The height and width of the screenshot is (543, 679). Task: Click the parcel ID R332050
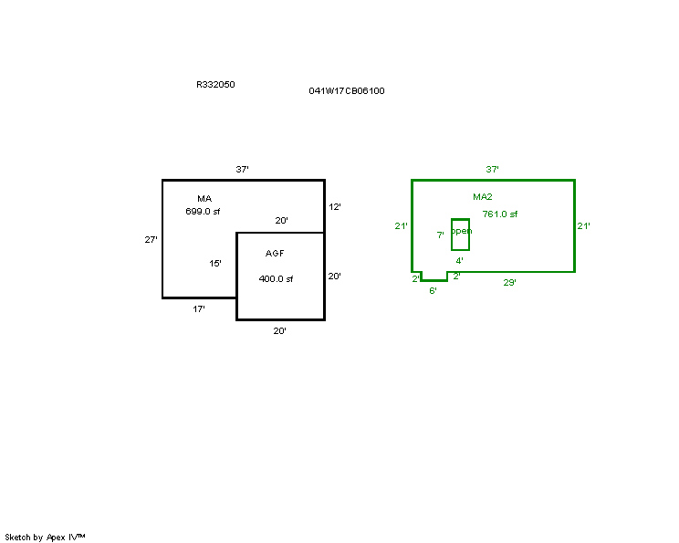[215, 85]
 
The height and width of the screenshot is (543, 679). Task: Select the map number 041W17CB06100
[347, 91]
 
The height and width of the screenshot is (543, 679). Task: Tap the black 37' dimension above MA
[242, 170]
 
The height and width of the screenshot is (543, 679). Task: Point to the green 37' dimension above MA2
[492, 170]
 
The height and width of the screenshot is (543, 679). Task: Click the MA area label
[204, 199]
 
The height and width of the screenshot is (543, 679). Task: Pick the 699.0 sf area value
[203, 212]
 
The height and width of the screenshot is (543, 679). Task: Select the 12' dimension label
[335, 207]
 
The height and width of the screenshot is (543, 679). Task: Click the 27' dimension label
[151, 239]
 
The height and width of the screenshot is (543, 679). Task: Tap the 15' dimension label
[215, 263]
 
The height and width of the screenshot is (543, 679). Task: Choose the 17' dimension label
[199, 309]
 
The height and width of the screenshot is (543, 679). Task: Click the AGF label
[275, 254]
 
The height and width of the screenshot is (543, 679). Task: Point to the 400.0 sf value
[276, 279]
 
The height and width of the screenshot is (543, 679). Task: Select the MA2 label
[483, 197]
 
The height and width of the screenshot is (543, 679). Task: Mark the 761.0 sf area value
[500, 214]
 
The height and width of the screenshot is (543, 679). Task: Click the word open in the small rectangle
[461, 231]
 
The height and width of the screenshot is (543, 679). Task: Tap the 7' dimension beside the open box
[441, 235]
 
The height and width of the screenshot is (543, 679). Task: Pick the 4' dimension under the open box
[459, 261]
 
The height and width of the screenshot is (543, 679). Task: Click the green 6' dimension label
[433, 291]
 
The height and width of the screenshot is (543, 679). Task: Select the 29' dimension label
[509, 283]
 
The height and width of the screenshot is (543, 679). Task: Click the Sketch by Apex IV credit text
[45, 538]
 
